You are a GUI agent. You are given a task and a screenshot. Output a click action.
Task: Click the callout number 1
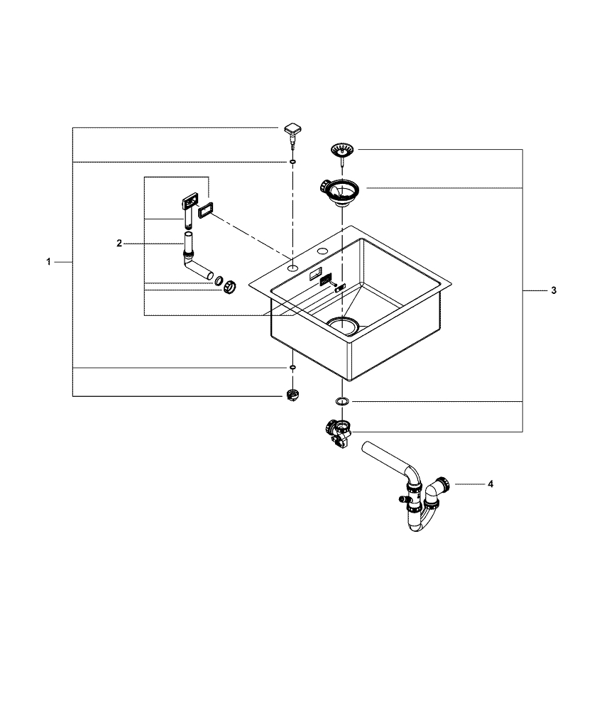(48, 262)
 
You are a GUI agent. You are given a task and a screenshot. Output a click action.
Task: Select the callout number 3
(554, 290)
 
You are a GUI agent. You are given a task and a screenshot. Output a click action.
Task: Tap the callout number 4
(490, 484)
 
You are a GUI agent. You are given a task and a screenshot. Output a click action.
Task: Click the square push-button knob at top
(292, 130)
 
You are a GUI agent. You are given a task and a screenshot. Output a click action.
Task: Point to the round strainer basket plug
(341, 151)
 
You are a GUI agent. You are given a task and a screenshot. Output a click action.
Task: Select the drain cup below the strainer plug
(341, 190)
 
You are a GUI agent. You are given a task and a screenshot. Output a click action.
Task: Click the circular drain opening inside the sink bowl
(344, 324)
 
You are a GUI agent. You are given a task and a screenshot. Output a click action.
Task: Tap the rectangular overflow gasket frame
(207, 209)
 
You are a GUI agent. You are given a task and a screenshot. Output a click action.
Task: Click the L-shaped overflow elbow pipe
(194, 263)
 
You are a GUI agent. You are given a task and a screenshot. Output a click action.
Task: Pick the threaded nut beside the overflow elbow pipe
(229, 286)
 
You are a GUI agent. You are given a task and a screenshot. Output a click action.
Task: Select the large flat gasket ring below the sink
(341, 402)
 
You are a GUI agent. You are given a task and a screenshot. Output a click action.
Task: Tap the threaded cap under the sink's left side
(291, 395)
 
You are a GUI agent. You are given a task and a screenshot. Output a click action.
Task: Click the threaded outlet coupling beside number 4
(444, 484)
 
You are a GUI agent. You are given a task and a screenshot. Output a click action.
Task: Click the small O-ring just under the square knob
(292, 162)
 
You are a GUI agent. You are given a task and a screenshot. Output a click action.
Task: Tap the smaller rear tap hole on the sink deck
(324, 251)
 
